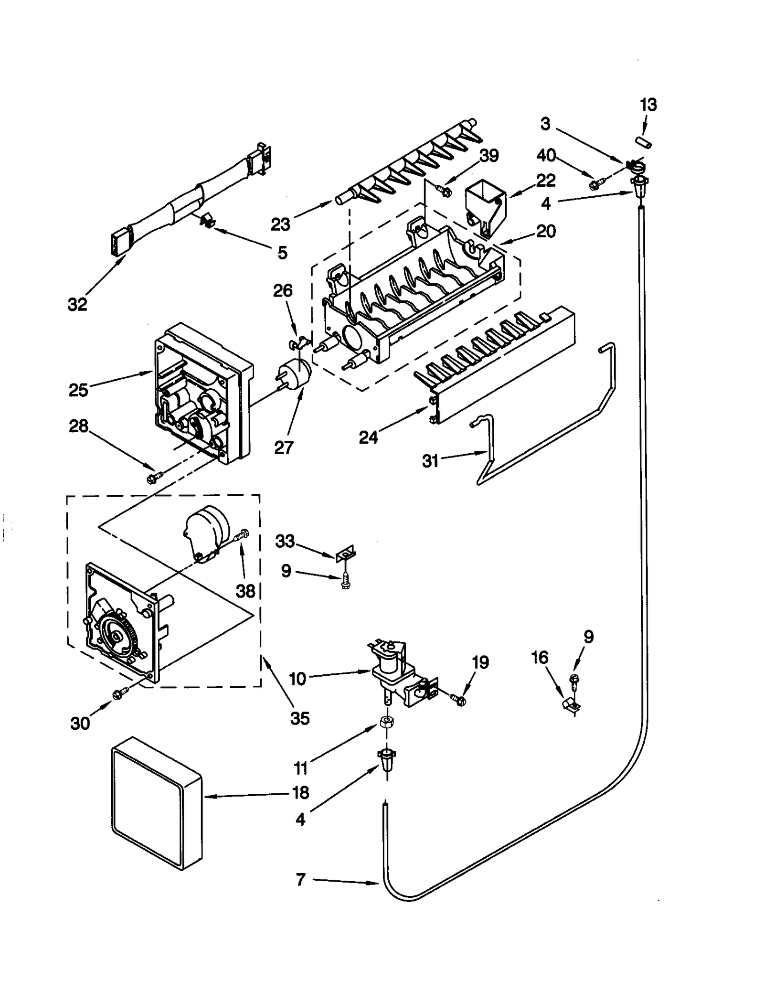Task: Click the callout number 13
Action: [648, 105]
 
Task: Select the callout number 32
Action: [77, 304]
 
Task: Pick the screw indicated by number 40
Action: [597, 183]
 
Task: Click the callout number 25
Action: [78, 390]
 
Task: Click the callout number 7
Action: [300, 879]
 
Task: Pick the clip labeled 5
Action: [206, 220]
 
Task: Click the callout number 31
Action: [430, 461]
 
